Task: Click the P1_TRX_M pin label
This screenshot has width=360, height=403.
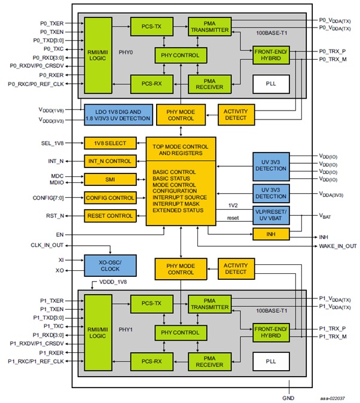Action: click(x=331, y=337)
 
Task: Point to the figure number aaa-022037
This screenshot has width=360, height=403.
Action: click(x=335, y=396)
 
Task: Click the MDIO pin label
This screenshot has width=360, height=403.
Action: click(x=57, y=182)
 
